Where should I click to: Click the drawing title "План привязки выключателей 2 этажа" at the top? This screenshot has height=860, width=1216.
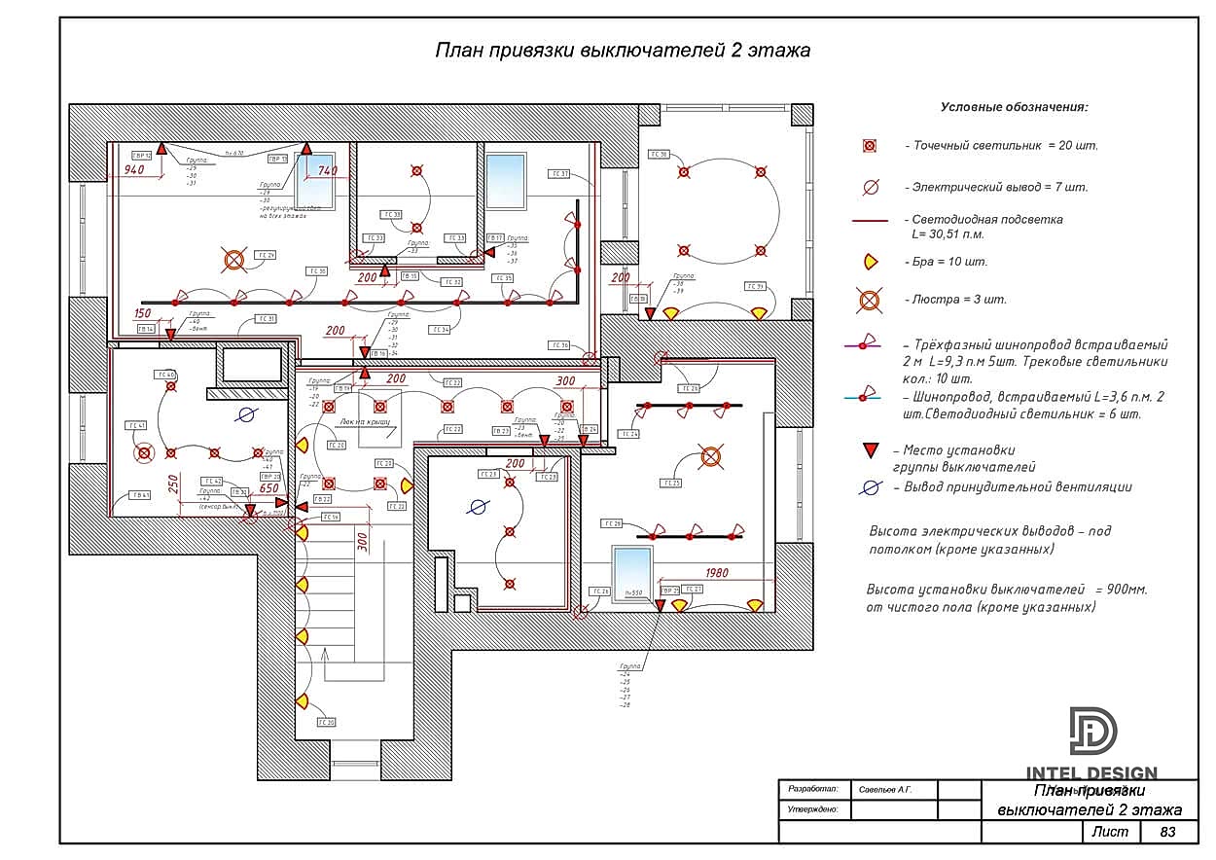click(623, 50)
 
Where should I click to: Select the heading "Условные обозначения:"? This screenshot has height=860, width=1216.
click(1014, 107)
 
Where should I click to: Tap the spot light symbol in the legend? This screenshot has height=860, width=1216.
click(870, 146)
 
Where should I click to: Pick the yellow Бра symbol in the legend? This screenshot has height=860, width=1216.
click(870, 261)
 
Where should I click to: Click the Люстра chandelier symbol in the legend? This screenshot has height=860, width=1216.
click(869, 300)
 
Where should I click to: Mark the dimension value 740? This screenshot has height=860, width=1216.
click(327, 170)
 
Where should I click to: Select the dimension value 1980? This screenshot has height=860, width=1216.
click(717, 573)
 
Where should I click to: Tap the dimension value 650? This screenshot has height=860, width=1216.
click(269, 489)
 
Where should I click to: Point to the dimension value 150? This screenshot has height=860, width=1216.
click(142, 313)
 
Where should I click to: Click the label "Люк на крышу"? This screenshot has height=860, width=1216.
click(365, 422)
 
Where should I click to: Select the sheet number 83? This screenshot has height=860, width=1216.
click(1167, 832)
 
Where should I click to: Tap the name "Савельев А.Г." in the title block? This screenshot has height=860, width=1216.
click(885, 789)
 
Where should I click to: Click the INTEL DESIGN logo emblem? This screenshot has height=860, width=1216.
click(1093, 731)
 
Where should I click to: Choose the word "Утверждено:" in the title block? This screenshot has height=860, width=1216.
click(813, 809)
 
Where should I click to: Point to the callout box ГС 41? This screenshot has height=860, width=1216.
click(135, 425)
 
